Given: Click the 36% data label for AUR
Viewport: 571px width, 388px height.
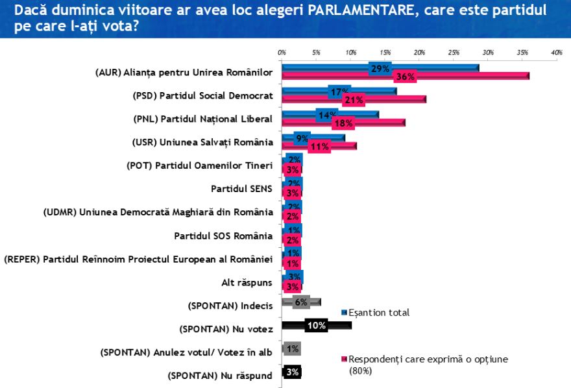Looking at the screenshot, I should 406,77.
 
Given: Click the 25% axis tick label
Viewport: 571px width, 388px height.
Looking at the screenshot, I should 454,52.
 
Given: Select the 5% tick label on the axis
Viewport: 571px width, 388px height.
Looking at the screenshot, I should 316,52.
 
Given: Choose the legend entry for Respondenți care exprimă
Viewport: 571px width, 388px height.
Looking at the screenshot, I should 428,359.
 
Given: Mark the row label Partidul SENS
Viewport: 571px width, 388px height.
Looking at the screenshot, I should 242,189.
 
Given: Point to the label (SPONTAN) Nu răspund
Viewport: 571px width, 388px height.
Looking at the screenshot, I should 220,375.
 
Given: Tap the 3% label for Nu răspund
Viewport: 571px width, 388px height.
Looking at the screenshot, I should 292,372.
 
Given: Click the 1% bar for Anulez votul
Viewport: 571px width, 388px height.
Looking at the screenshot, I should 291,348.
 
